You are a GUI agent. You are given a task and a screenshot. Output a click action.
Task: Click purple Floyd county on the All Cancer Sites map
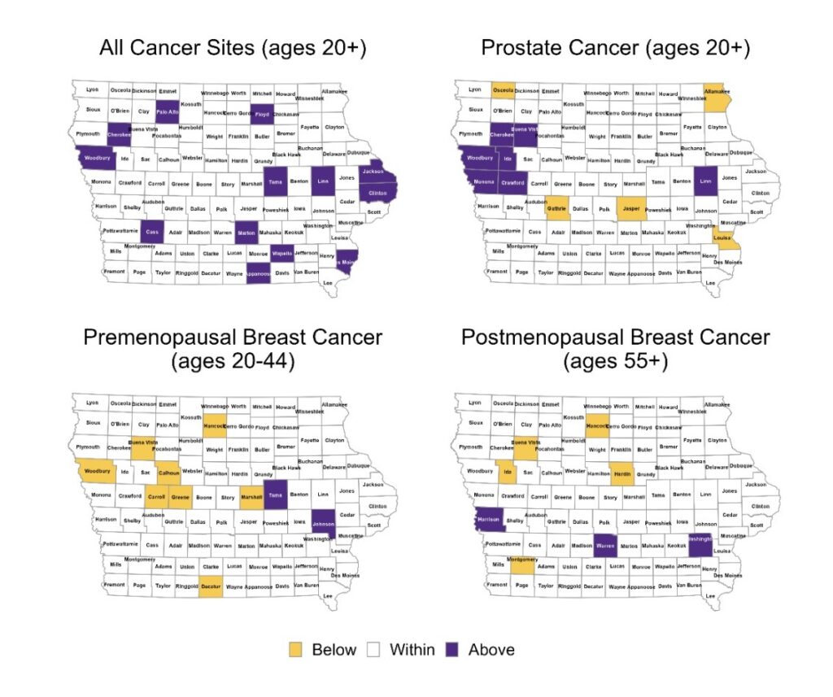pos(262,115)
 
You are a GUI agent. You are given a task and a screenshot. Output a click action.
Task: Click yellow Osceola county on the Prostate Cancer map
pos(504,91)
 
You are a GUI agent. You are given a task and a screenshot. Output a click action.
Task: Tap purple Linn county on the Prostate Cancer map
pos(704,181)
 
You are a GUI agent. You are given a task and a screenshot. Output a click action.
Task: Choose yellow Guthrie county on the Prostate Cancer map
pos(557,209)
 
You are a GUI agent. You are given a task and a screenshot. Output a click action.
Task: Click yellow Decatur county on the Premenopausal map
pos(211,586)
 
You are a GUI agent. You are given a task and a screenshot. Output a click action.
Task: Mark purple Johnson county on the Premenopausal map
pos(323,525)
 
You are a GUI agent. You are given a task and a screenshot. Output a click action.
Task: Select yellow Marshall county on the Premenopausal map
pos(251,497)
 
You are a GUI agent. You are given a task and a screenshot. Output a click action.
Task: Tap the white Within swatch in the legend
pos(374,650)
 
